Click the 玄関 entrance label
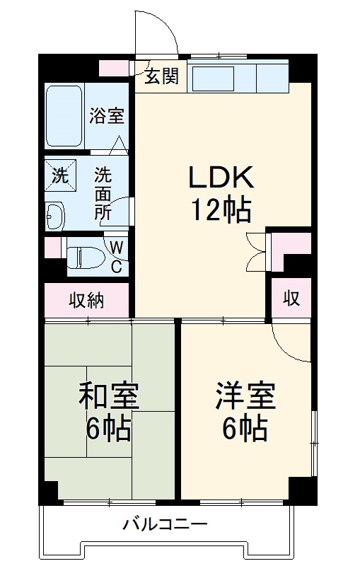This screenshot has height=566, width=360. click(x=162, y=77)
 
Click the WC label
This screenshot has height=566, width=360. click(x=118, y=257)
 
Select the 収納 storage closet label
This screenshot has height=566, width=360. click(x=86, y=300)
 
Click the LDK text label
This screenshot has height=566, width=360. click(x=220, y=177)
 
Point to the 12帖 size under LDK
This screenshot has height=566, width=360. click(x=220, y=209)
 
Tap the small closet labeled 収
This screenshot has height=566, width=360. click(x=292, y=299)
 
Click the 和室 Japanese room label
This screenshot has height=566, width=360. click(x=108, y=397)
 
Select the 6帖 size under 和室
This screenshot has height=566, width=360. click(x=108, y=429)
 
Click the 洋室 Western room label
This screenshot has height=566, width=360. click(x=245, y=397)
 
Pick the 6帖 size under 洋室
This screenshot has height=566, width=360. click(x=245, y=429)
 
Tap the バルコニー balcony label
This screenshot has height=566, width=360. click(x=164, y=524)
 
